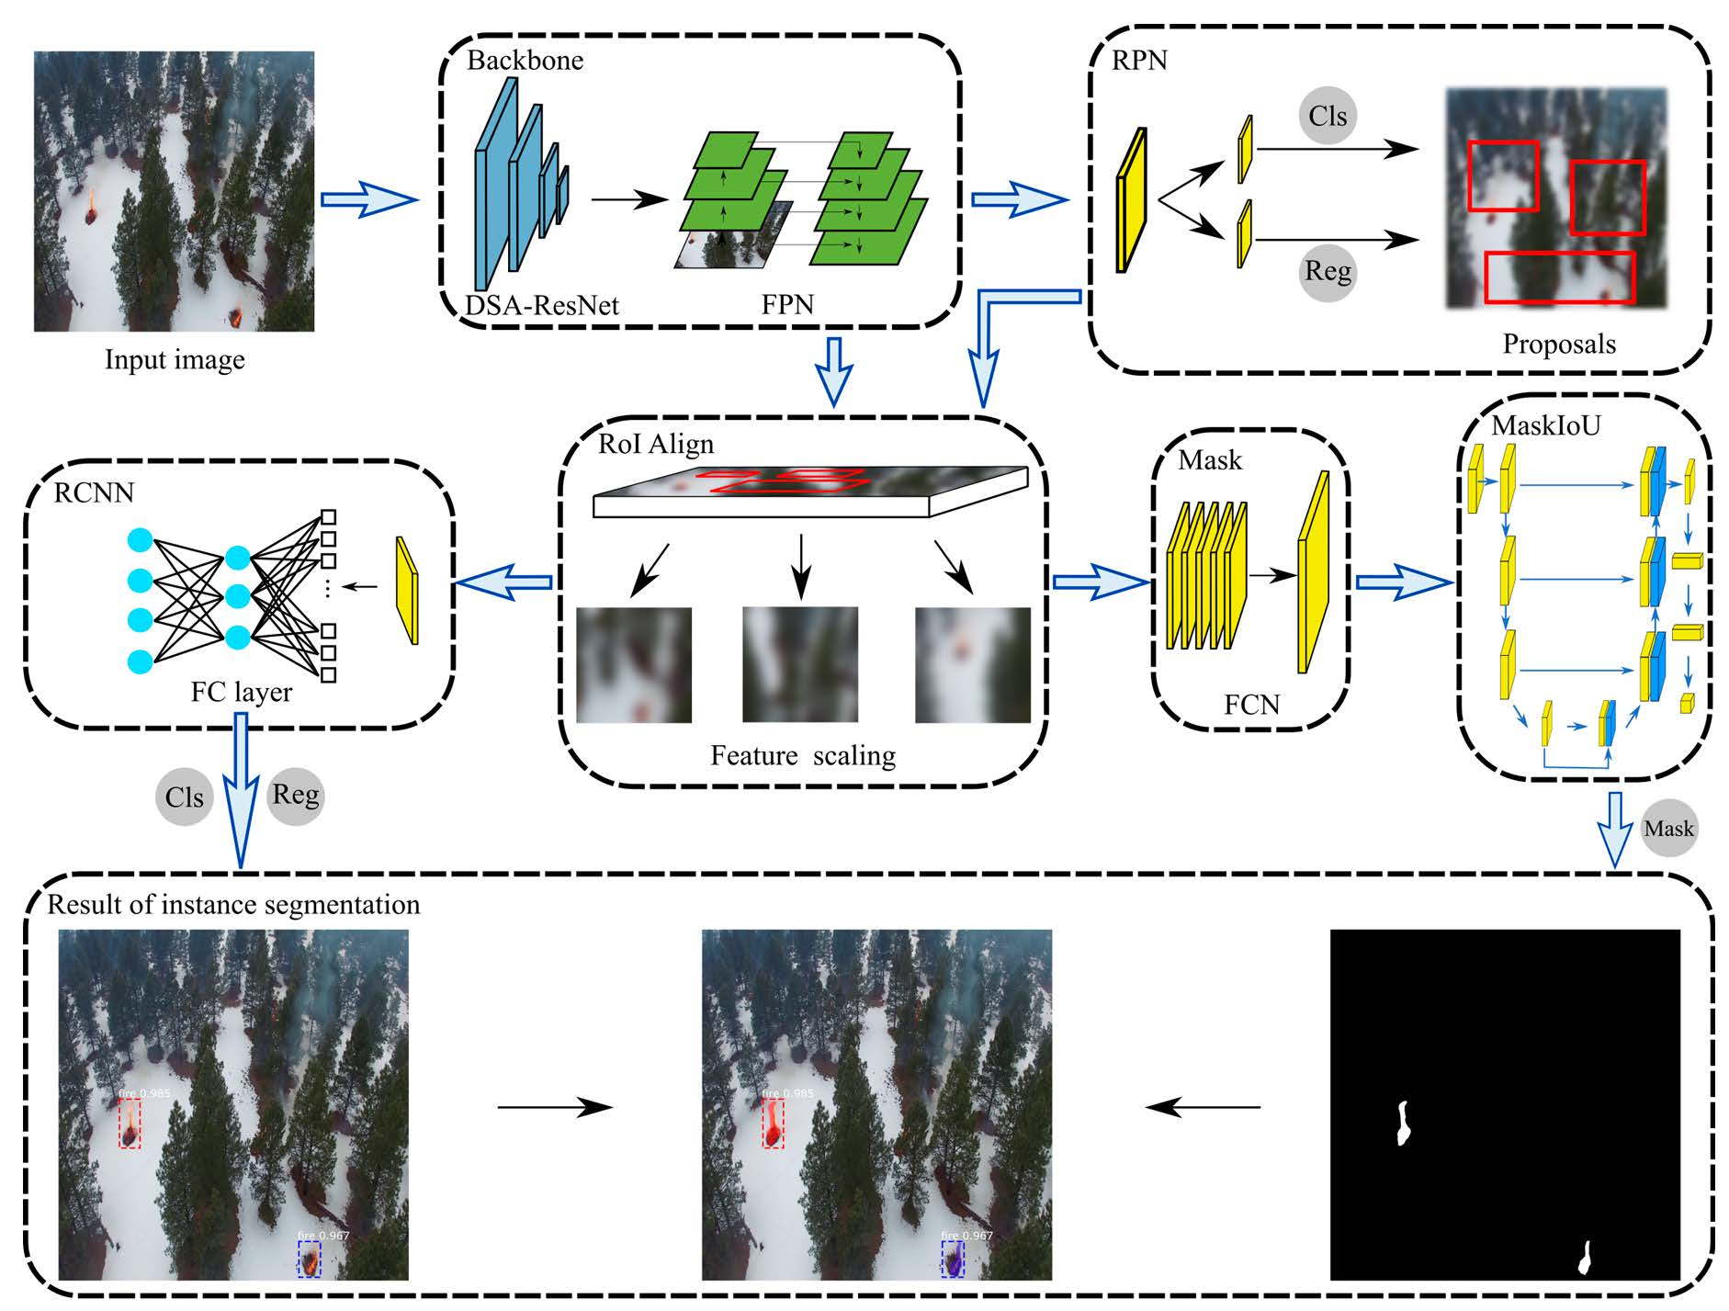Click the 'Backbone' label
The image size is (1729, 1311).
pyautogui.click(x=525, y=61)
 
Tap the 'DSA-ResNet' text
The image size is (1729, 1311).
pyautogui.click(x=542, y=305)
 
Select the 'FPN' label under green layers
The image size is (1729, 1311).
pyautogui.click(x=787, y=305)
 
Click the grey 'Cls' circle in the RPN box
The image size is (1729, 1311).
pyautogui.click(x=1328, y=116)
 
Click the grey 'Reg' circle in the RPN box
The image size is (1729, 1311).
pyautogui.click(x=1328, y=272)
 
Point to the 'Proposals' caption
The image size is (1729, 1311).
pyautogui.click(x=1559, y=345)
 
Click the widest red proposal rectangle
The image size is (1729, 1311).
pyautogui.click(x=1559, y=277)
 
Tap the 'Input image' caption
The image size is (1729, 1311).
pyautogui.click(x=175, y=359)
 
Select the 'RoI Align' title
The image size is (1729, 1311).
pyautogui.click(x=655, y=445)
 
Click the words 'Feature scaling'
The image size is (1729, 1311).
pyautogui.click(x=802, y=755)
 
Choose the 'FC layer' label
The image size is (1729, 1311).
pyautogui.click(x=241, y=692)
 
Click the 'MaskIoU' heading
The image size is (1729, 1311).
pyautogui.click(x=1546, y=425)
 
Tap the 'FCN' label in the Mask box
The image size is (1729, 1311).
pyautogui.click(x=1251, y=705)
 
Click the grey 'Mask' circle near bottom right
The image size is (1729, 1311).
pyautogui.click(x=1668, y=829)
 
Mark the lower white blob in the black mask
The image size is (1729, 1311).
pyautogui.click(x=1585, y=1258)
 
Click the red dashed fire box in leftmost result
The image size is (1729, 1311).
pyautogui.click(x=130, y=1124)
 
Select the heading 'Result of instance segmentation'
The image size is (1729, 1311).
pyautogui.click(x=233, y=905)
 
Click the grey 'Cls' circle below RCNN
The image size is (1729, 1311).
pyautogui.click(x=184, y=797)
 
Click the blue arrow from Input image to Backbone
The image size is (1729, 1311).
pyautogui.click(x=367, y=199)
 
